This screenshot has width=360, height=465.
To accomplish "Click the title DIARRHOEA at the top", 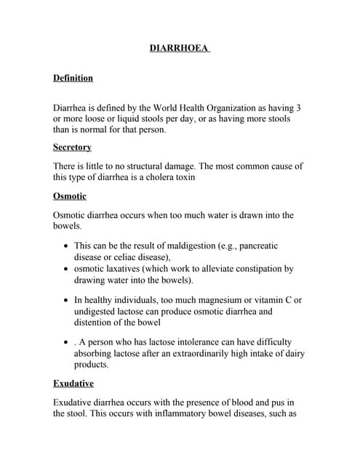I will (179, 49).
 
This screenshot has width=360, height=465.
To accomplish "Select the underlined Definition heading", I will (73, 78).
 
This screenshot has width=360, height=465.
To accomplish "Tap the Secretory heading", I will (72, 147).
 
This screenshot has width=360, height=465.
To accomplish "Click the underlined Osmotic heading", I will (70, 195).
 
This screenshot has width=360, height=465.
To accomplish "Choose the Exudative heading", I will (73, 383).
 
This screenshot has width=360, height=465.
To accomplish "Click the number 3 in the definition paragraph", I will (299, 108).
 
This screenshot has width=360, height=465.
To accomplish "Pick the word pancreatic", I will (253, 246).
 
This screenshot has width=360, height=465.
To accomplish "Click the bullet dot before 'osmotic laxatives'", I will (67, 269).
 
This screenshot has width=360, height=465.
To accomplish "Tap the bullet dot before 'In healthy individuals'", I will (67, 301).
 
